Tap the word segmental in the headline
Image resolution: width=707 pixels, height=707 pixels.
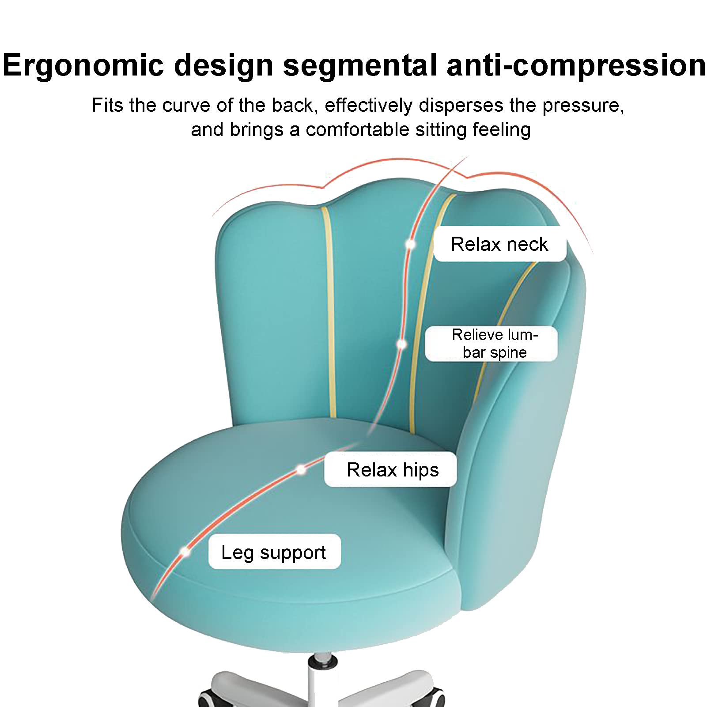click(360, 65)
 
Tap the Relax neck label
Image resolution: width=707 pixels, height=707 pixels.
click(499, 244)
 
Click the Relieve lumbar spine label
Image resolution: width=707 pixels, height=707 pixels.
click(491, 344)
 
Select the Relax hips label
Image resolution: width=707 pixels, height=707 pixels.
click(390, 469)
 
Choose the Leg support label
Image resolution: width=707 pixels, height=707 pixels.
click(274, 552)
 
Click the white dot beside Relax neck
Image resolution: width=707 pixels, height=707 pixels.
click(410, 244)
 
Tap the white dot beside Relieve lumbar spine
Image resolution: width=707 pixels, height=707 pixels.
click(401, 344)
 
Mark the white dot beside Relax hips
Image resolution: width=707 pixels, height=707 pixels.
click(301, 469)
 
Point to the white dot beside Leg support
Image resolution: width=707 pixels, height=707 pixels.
click(185, 552)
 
